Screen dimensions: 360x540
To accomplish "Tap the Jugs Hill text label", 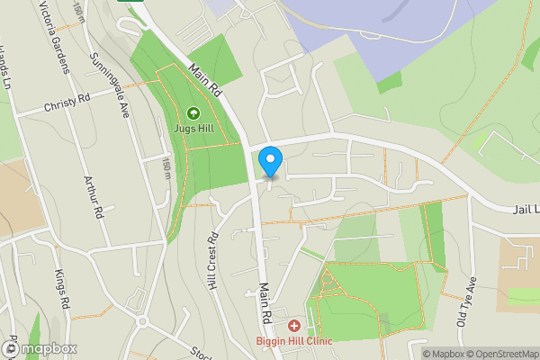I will (x=193, y=128).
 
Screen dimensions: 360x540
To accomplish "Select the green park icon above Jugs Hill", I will (x=193, y=113).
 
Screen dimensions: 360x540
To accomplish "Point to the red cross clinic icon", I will (x=294, y=325).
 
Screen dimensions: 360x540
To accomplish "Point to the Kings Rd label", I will (x=60, y=286).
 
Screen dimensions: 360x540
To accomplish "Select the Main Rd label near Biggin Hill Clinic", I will (x=265, y=304).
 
